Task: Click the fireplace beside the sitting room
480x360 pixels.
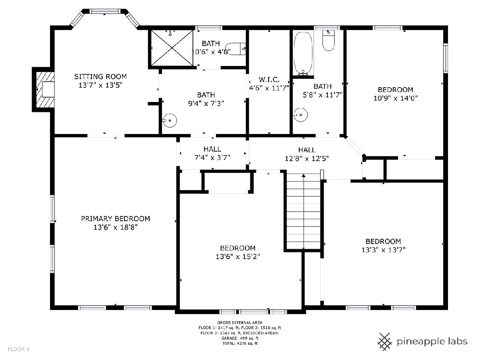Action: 43,89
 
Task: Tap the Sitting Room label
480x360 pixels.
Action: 100,76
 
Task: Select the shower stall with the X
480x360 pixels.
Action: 172,48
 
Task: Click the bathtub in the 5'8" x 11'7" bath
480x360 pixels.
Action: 303,54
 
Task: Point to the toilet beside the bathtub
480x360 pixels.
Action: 328,40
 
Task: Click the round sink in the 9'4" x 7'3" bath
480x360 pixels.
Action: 170,120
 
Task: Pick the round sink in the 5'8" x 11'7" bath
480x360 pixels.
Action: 300,115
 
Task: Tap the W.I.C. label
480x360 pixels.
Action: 269,79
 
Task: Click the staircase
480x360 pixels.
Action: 304,211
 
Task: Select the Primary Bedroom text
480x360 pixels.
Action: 116,218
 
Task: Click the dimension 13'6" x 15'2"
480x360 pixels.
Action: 238,256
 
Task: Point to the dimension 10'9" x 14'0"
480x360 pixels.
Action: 395,98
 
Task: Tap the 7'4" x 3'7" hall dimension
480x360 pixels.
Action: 212,157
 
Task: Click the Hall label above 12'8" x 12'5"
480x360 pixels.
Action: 307,150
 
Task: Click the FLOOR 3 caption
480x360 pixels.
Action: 18,349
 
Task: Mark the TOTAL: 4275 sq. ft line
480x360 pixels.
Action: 240,343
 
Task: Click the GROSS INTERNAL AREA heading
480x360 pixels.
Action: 240,322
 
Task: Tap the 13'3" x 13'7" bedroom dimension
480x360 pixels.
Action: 383,250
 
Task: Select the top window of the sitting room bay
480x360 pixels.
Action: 105,11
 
